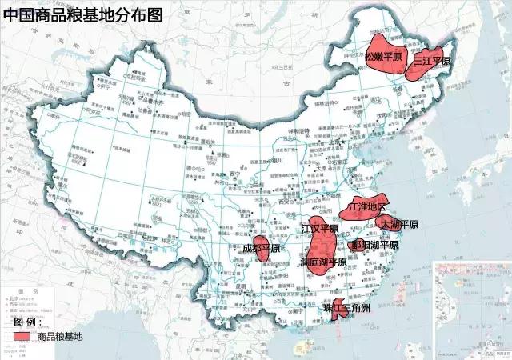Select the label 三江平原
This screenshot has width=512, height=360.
point(431,61)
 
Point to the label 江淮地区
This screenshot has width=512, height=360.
point(367,207)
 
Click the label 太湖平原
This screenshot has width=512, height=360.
point(399,224)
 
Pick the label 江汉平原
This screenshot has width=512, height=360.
point(319,229)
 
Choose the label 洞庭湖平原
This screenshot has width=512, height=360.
point(322,262)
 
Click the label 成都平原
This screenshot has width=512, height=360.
point(261,248)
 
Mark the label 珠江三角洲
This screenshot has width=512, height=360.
point(346,308)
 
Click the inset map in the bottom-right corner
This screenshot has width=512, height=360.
point(472,308)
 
